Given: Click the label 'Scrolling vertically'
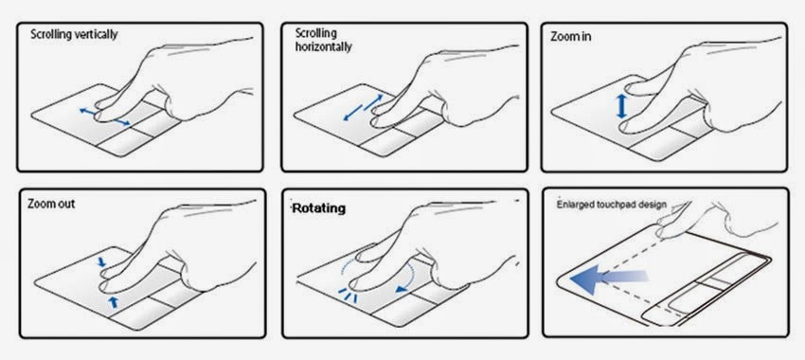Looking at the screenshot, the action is [x=74, y=34].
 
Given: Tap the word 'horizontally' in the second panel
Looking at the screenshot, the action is [x=324, y=46].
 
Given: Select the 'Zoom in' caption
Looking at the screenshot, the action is [x=570, y=37].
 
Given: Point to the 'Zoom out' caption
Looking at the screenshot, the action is [x=51, y=204].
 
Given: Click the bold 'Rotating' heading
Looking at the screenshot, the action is [x=319, y=208].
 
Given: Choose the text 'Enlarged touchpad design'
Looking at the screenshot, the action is [x=612, y=205].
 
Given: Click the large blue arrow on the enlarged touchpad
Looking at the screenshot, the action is [x=609, y=279].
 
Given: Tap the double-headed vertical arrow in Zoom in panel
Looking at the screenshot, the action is [x=621, y=106].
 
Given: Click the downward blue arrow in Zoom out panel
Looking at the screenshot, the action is [x=102, y=261].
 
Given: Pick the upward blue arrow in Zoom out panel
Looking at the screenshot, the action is [x=113, y=302].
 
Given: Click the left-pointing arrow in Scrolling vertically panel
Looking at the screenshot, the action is [x=87, y=111].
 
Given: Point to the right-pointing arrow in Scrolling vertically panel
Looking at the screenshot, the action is [x=121, y=122].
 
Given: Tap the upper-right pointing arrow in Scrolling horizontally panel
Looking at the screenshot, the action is [x=374, y=101].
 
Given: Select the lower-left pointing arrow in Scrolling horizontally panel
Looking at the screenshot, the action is [x=352, y=113].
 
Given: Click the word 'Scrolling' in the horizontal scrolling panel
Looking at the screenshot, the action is [x=315, y=33].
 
